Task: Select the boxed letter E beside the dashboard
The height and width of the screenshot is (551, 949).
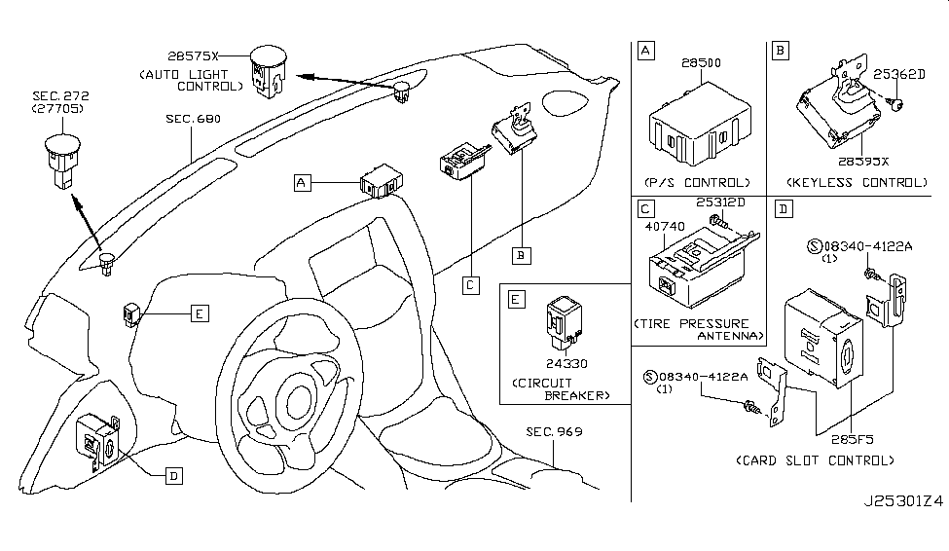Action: (197, 313)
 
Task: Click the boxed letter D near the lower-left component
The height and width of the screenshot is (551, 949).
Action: (172, 475)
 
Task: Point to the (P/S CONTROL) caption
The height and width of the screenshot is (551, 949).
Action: (697, 182)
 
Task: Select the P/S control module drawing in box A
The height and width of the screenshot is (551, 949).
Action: (698, 128)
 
